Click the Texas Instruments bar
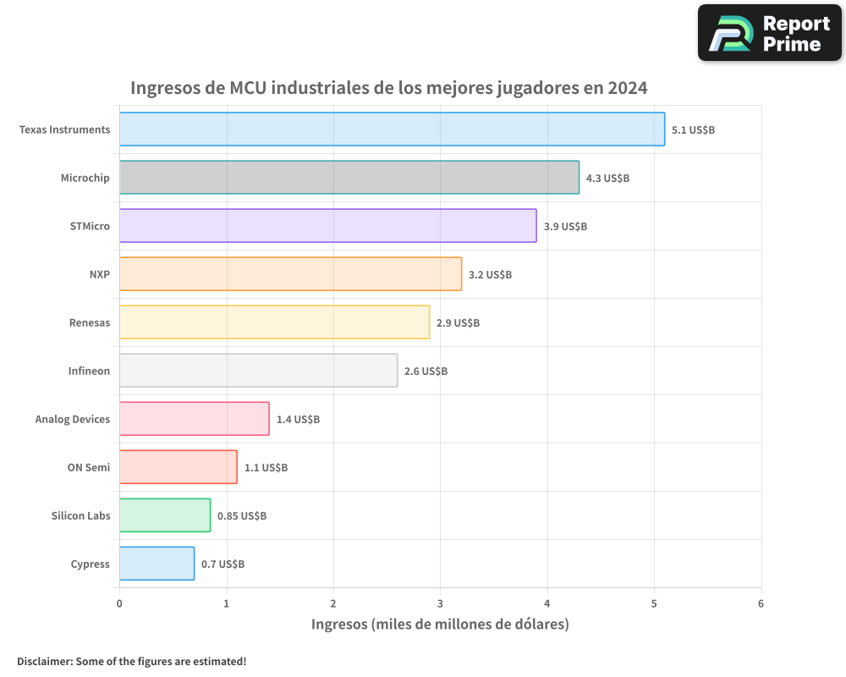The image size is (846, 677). (392, 129)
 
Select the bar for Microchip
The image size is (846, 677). (349, 178)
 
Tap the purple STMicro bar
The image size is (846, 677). (327, 226)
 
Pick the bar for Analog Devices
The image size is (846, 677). (194, 419)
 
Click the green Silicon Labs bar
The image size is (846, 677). (164, 515)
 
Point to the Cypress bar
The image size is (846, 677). (157, 564)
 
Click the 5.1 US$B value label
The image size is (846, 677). (693, 129)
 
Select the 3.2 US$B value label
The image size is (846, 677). (490, 274)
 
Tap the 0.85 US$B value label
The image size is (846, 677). (242, 515)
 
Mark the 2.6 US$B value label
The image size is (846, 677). (426, 371)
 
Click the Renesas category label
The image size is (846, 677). (89, 322)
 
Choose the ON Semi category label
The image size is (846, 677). (88, 467)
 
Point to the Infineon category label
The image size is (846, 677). (89, 371)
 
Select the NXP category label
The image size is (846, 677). (99, 274)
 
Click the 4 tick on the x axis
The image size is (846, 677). (547, 603)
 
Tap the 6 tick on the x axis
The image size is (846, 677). (761, 603)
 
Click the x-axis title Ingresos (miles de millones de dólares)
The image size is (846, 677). (440, 625)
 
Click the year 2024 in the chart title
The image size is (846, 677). (627, 88)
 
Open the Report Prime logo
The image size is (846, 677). (770, 33)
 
